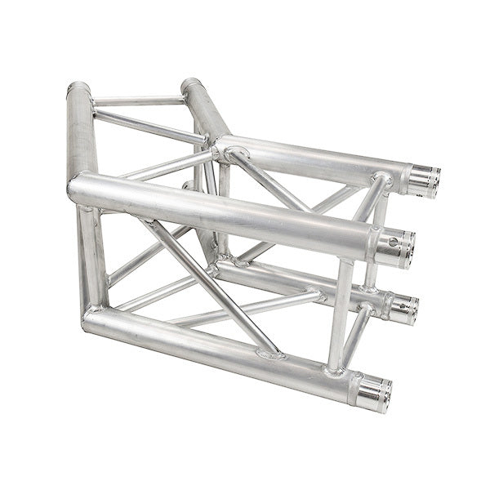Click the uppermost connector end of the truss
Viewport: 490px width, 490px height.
[424, 180]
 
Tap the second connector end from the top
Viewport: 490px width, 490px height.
[397, 248]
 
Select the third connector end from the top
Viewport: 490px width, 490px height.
[402, 310]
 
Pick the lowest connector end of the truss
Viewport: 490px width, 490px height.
[375, 394]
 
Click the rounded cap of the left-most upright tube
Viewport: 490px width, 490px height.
[78, 88]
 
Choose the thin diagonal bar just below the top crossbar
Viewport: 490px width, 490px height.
[147, 127]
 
